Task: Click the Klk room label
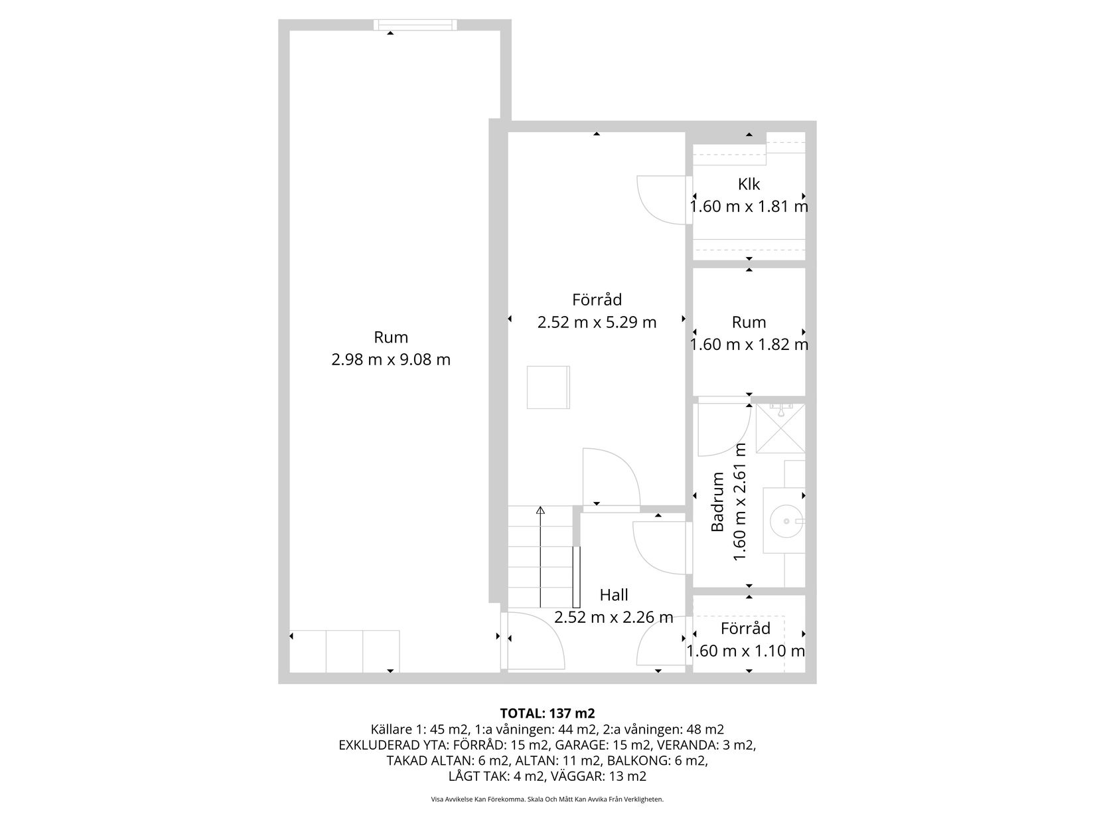(x=749, y=184)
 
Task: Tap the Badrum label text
(x=717, y=501)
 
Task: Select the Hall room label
(x=614, y=594)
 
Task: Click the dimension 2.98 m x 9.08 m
(x=391, y=359)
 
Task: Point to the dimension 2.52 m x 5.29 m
(x=597, y=322)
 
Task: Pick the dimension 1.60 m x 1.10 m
(x=745, y=651)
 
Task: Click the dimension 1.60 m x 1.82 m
(x=749, y=345)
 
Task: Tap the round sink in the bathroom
(x=786, y=521)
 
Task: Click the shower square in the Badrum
(x=780, y=429)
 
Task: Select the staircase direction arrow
(x=540, y=557)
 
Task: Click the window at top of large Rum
(x=415, y=25)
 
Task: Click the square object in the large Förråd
(x=548, y=387)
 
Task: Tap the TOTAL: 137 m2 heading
(x=547, y=713)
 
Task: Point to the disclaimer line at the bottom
(x=547, y=799)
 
